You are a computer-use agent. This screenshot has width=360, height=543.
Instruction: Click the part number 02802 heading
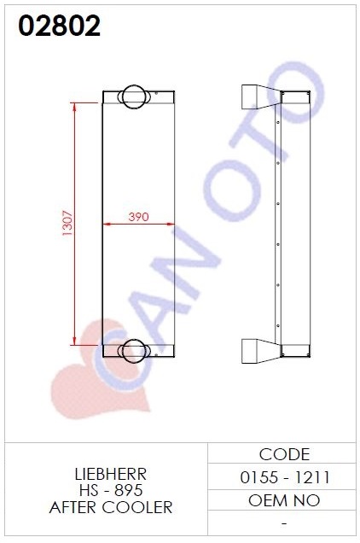coord(59,26)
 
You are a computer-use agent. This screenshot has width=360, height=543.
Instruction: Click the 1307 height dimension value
coord(67,223)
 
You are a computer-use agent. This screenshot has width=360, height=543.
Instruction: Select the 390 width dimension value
coord(138,217)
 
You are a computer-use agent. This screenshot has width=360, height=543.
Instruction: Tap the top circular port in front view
coord(134,96)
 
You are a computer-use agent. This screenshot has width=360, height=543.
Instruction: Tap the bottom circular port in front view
coord(134,351)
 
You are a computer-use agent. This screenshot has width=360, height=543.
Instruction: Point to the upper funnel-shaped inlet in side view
coord(261,96)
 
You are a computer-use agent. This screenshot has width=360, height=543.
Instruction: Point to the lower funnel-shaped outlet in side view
coord(261,351)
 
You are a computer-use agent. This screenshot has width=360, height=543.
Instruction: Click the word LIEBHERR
coord(111,474)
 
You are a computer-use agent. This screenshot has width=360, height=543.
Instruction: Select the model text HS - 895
coord(111,490)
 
